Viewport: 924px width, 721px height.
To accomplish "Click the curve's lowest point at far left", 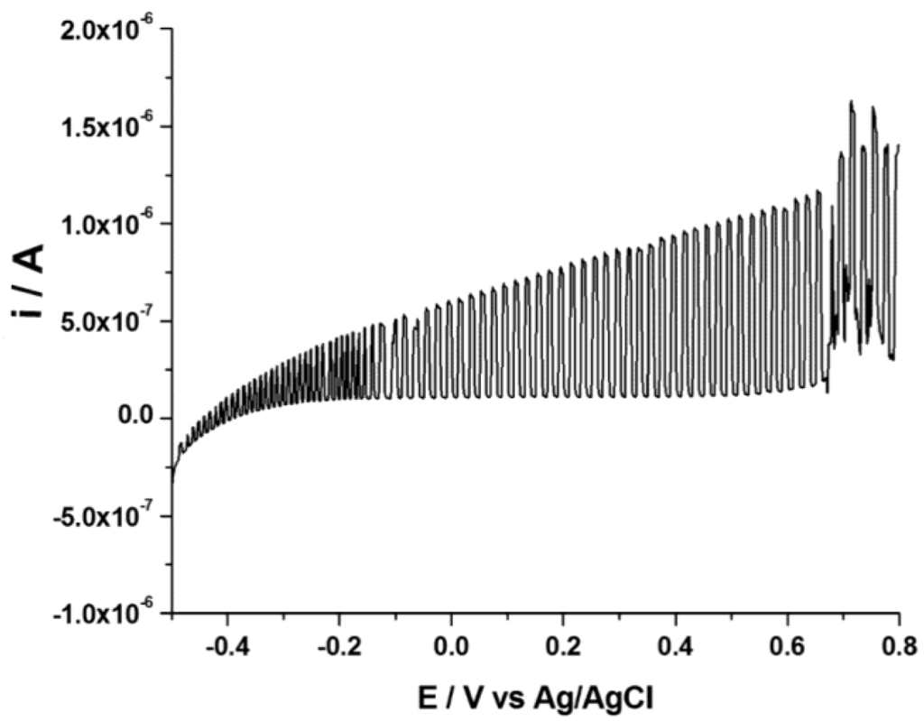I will (172, 481).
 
